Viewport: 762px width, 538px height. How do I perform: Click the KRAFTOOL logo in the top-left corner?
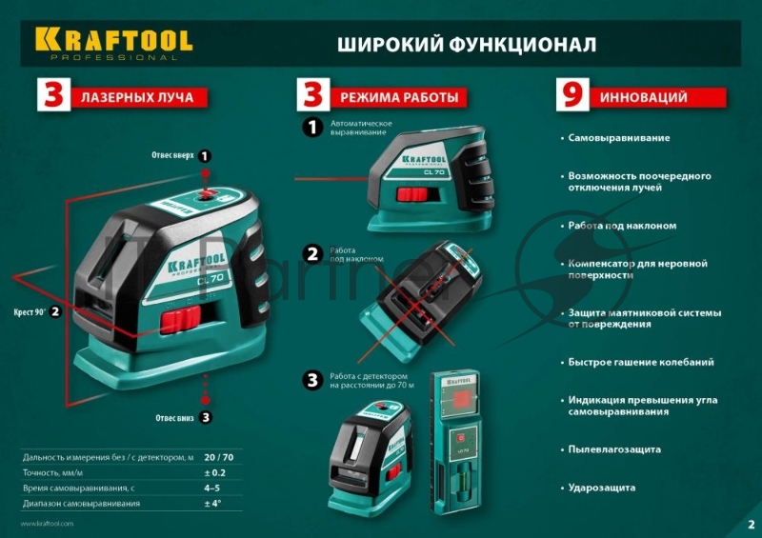(113, 41)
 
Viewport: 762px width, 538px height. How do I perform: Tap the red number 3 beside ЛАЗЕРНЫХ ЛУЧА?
(52, 97)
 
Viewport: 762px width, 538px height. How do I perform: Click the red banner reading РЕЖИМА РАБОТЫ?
(398, 97)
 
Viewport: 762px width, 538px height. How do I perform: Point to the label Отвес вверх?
(173, 155)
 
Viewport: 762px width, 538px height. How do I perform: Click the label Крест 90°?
(30, 311)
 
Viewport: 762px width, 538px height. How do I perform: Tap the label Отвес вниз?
(176, 417)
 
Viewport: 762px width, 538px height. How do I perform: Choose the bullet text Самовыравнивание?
(619, 138)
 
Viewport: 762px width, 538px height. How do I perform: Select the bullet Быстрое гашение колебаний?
(640, 363)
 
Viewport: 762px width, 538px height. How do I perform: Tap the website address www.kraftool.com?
(47, 524)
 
